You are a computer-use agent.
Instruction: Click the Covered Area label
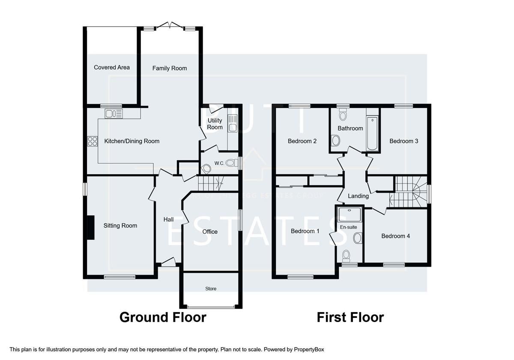[x=112, y=67]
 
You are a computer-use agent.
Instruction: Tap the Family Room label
[x=170, y=68]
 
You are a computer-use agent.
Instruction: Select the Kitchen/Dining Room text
[x=131, y=141]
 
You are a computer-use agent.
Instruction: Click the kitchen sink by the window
[x=114, y=114]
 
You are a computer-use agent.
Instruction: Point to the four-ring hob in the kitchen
[x=93, y=141]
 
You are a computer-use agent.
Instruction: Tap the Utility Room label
[x=215, y=124]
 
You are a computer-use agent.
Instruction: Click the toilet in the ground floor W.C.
[x=232, y=163]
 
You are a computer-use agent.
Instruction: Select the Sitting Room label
[x=120, y=225]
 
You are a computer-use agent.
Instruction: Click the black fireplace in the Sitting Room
[x=91, y=228]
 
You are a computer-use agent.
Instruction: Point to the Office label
[x=210, y=231]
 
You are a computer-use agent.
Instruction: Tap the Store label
[x=211, y=289]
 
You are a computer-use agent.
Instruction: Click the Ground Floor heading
[x=163, y=317]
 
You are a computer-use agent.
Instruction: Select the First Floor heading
[x=350, y=317]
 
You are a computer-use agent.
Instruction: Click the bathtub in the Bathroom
[x=372, y=133]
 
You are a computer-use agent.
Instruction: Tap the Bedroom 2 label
[x=302, y=141]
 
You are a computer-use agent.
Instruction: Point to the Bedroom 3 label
[x=403, y=141]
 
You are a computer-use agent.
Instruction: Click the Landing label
[x=358, y=196]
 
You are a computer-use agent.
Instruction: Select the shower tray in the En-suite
[x=350, y=214]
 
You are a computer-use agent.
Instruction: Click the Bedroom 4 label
[x=395, y=236]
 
